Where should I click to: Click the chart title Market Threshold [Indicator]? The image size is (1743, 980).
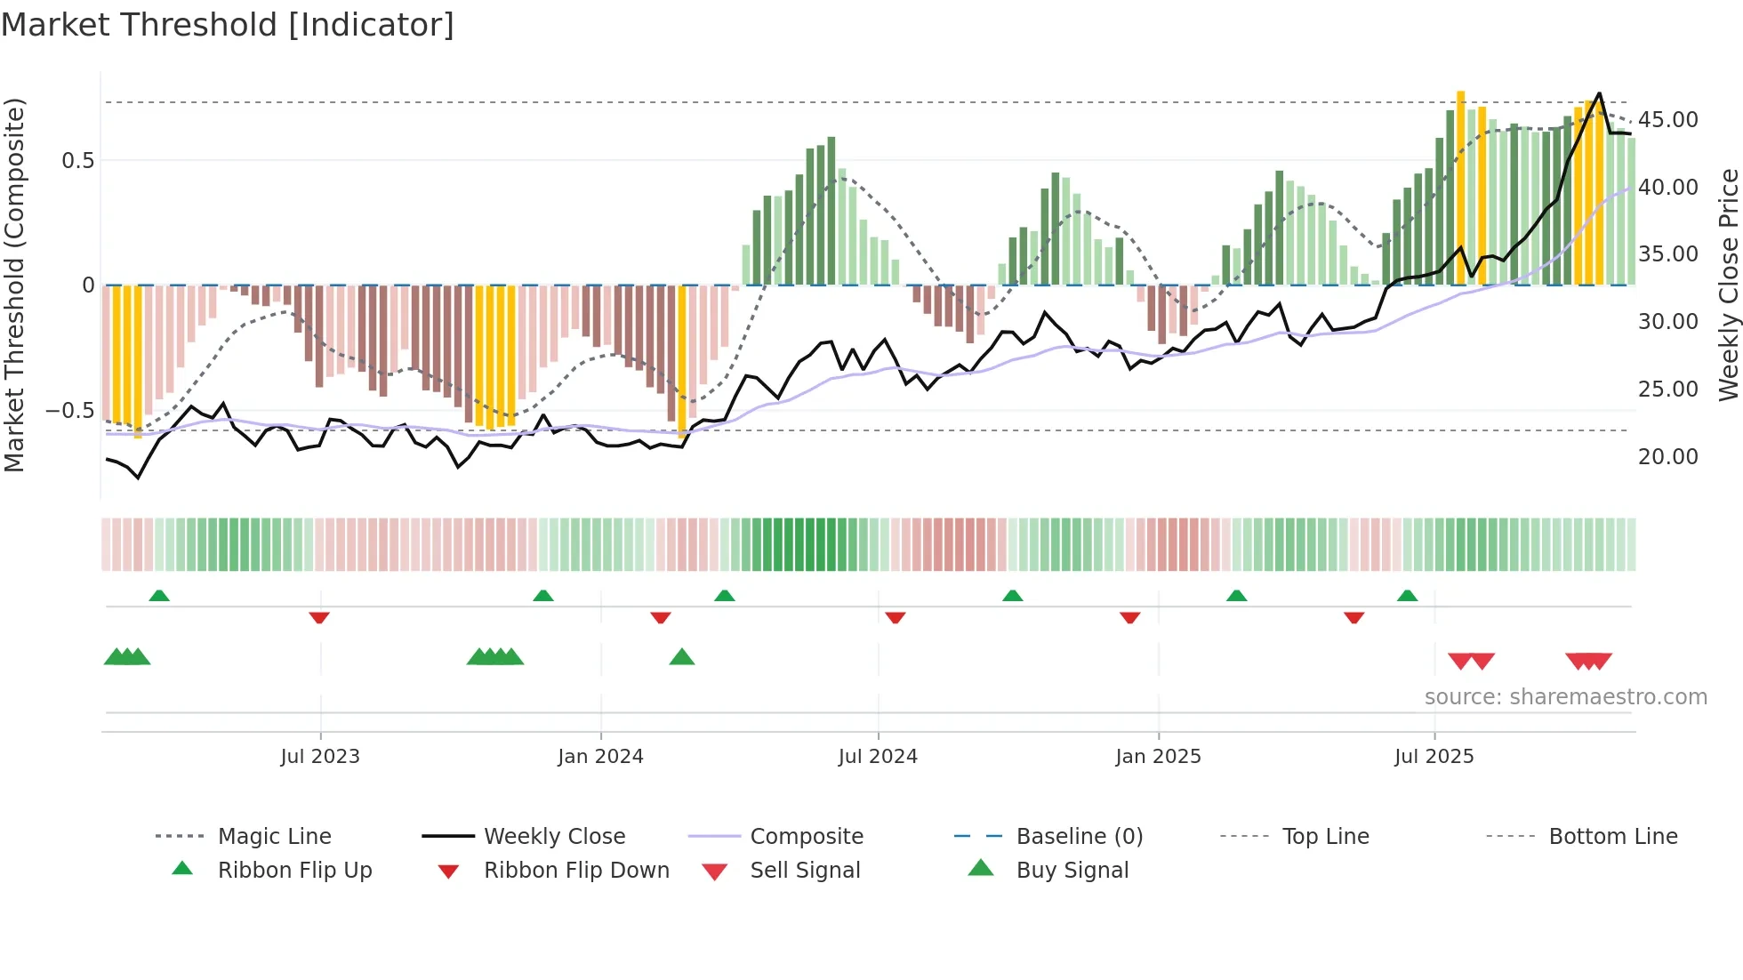[x=228, y=25]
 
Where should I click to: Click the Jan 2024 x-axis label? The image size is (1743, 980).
[x=600, y=757]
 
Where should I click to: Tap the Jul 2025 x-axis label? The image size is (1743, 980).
[x=1434, y=757]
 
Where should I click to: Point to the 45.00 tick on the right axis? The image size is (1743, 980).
[x=1667, y=119]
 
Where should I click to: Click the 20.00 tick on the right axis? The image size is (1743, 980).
[x=1667, y=456]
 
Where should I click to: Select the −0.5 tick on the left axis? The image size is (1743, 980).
[x=69, y=410]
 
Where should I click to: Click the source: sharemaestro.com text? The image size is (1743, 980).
[x=1565, y=696]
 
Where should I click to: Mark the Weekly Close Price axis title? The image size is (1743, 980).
[x=1728, y=285]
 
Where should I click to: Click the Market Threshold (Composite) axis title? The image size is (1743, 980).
[x=14, y=285]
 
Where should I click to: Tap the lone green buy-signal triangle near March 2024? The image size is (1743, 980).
[x=682, y=657]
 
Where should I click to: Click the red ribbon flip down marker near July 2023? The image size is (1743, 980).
[x=319, y=617]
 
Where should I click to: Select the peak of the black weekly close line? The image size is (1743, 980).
[x=1599, y=93]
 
